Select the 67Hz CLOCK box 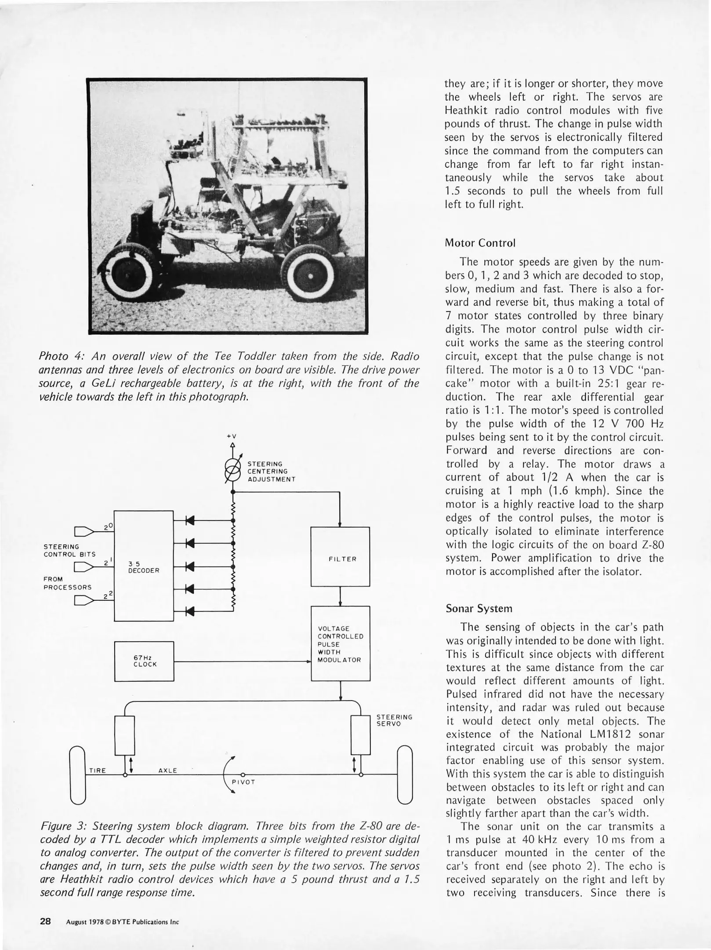[144, 661]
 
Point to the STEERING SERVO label [394, 720]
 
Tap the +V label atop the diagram [232, 436]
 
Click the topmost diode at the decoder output [190, 521]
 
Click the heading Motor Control [480, 243]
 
